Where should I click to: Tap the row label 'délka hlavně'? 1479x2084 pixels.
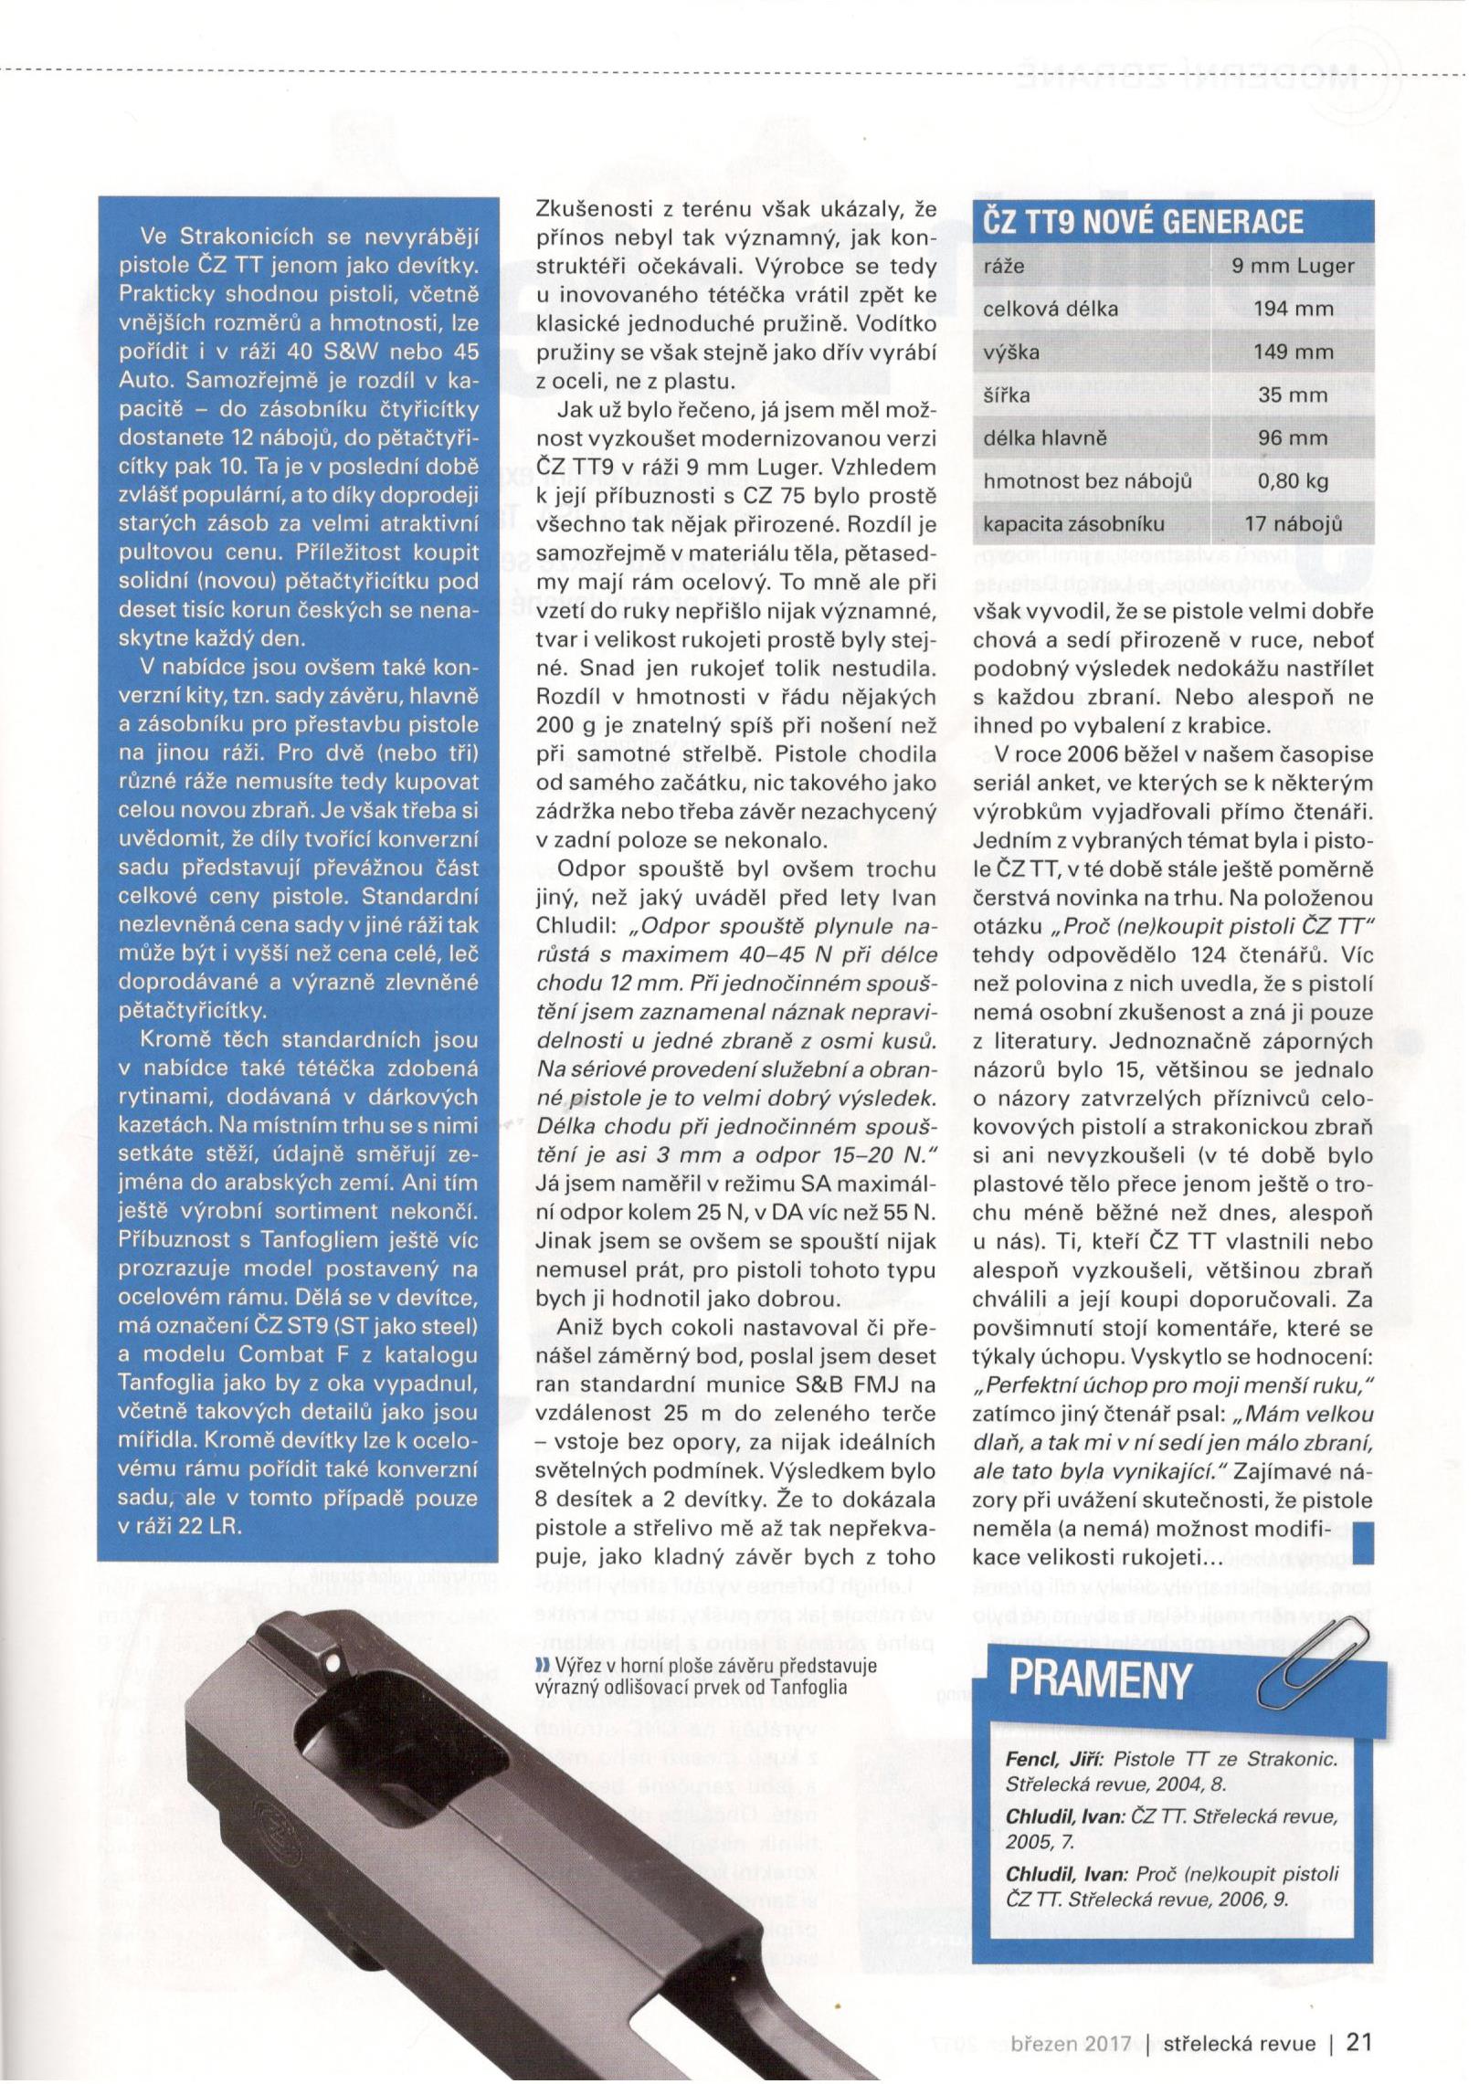tap(1044, 437)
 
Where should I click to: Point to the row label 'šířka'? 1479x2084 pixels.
tap(1005, 395)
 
